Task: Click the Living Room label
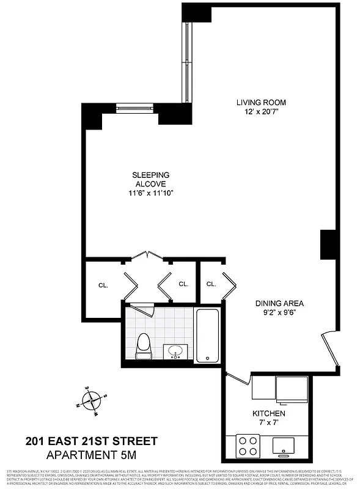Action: (261, 102)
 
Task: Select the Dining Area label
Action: (279, 303)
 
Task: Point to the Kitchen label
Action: (269, 414)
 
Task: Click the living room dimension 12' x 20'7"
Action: (261, 112)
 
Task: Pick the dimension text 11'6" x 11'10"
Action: (151, 193)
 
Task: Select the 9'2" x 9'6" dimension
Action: (279, 313)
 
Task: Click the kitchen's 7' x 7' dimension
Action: (269, 424)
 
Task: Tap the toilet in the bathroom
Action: (143, 347)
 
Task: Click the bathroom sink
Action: (177, 352)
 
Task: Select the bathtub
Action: (208, 336)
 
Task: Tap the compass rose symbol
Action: (92, 401)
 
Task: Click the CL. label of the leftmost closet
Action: (103, 285)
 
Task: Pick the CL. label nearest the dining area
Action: (211, 284)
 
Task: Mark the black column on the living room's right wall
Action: (329, 244)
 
